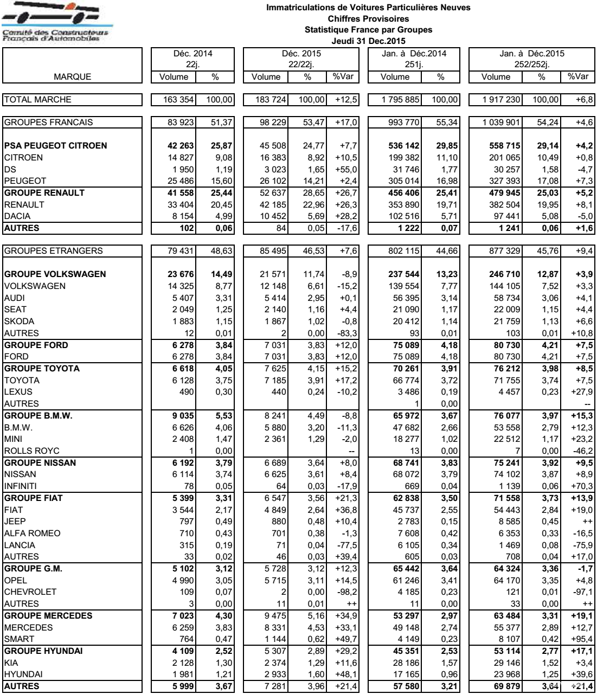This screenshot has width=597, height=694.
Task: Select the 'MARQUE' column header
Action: [x=72, y=77]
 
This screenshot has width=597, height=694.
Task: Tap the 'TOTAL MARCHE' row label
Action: [x=37, y=100]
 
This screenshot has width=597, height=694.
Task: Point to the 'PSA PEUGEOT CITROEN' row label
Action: [x=55, y=145]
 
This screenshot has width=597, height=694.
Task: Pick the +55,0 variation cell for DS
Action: [x=345, y=169]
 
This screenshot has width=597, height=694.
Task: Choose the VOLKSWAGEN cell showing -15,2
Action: [x=345, y=286]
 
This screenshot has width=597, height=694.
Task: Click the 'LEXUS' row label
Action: [x=18, y=391]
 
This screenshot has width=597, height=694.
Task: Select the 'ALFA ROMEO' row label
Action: [x=32, y=533]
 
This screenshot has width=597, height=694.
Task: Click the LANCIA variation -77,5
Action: [x=345, y=545]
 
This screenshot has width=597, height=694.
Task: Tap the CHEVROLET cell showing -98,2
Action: [x=345, y=592]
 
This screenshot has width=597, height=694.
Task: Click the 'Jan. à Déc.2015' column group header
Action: [x=531, y=54]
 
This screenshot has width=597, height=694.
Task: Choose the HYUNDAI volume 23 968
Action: [x=503, y=674]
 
